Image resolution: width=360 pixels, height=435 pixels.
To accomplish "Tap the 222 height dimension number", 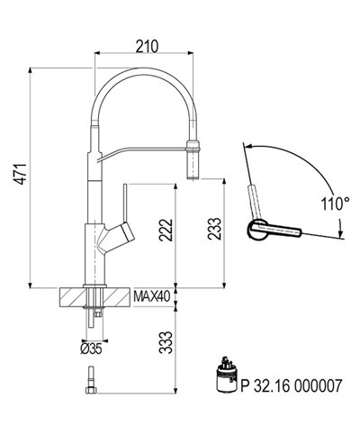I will pyautogui.click(x=161, y=233).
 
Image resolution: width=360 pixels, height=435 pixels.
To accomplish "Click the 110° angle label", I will pyautogui.click(x=335, y=204).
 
